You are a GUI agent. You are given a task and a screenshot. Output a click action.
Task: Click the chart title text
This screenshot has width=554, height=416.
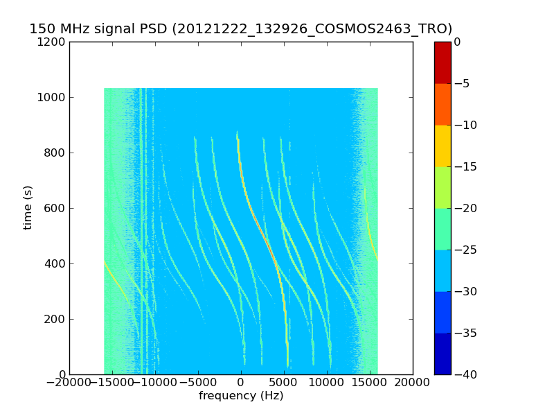point(240,29)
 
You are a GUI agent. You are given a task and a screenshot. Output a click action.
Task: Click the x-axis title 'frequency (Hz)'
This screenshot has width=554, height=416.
point(241,396)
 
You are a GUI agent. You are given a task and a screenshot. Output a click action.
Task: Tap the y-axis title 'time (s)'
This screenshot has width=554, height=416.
point(28,207)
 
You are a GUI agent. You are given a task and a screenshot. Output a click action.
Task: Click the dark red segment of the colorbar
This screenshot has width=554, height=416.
point(443,62)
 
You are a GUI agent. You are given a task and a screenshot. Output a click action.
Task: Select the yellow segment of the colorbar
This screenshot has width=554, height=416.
point(443,146)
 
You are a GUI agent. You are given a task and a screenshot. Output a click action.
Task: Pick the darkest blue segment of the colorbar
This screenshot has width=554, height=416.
point(443,354)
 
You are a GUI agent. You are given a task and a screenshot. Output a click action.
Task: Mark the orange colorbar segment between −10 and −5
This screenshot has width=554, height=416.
point(443,104)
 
